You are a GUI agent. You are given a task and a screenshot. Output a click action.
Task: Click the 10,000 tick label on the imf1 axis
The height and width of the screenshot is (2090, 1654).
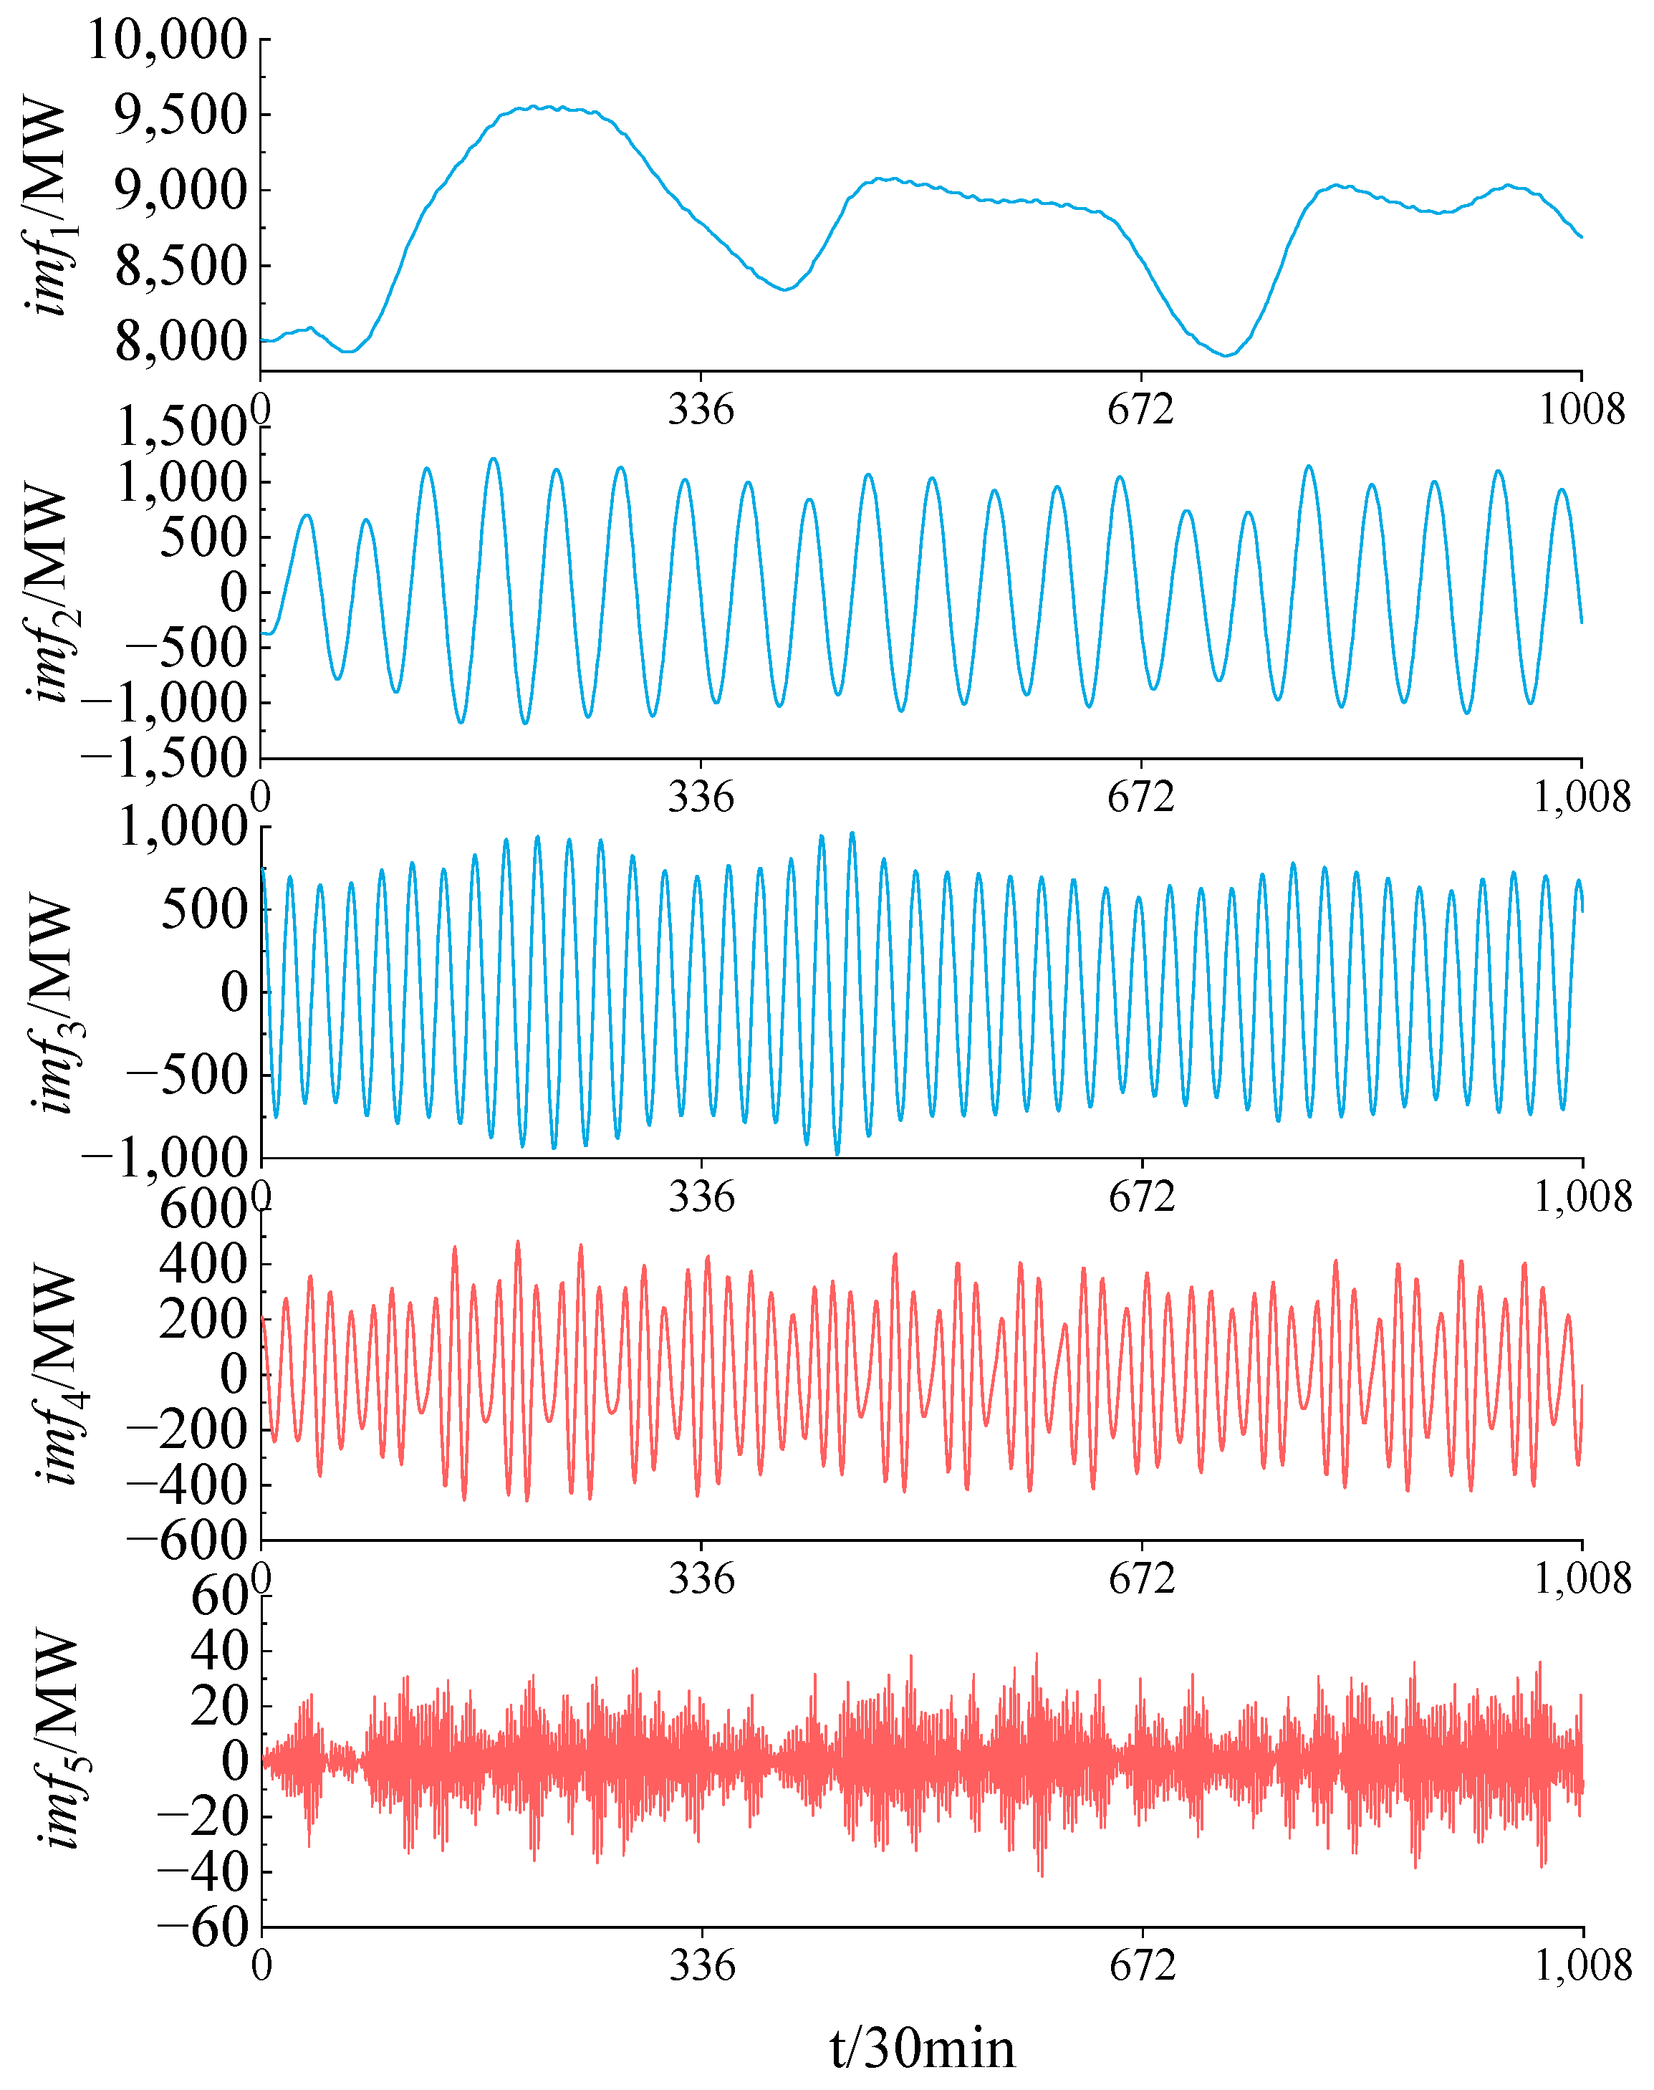coord(168,41)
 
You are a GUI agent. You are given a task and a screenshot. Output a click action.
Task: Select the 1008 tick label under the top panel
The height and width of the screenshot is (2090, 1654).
coord(1580,410)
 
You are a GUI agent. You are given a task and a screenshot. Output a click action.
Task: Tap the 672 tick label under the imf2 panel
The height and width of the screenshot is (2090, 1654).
coord(1141,797)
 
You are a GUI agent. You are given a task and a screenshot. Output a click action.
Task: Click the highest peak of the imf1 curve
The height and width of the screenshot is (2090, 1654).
coord(534,107)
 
